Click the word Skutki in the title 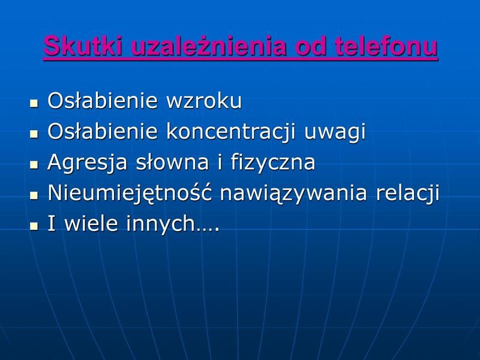83,46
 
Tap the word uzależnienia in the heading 209,46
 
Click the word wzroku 204,101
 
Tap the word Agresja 87,163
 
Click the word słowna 172,162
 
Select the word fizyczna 273,163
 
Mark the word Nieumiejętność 130,193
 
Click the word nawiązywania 293,193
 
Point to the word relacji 407,193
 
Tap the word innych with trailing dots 173,223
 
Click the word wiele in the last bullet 91,223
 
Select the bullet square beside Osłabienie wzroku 34,103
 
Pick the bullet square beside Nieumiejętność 34,196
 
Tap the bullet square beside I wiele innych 34,226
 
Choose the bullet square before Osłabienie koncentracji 34,134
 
